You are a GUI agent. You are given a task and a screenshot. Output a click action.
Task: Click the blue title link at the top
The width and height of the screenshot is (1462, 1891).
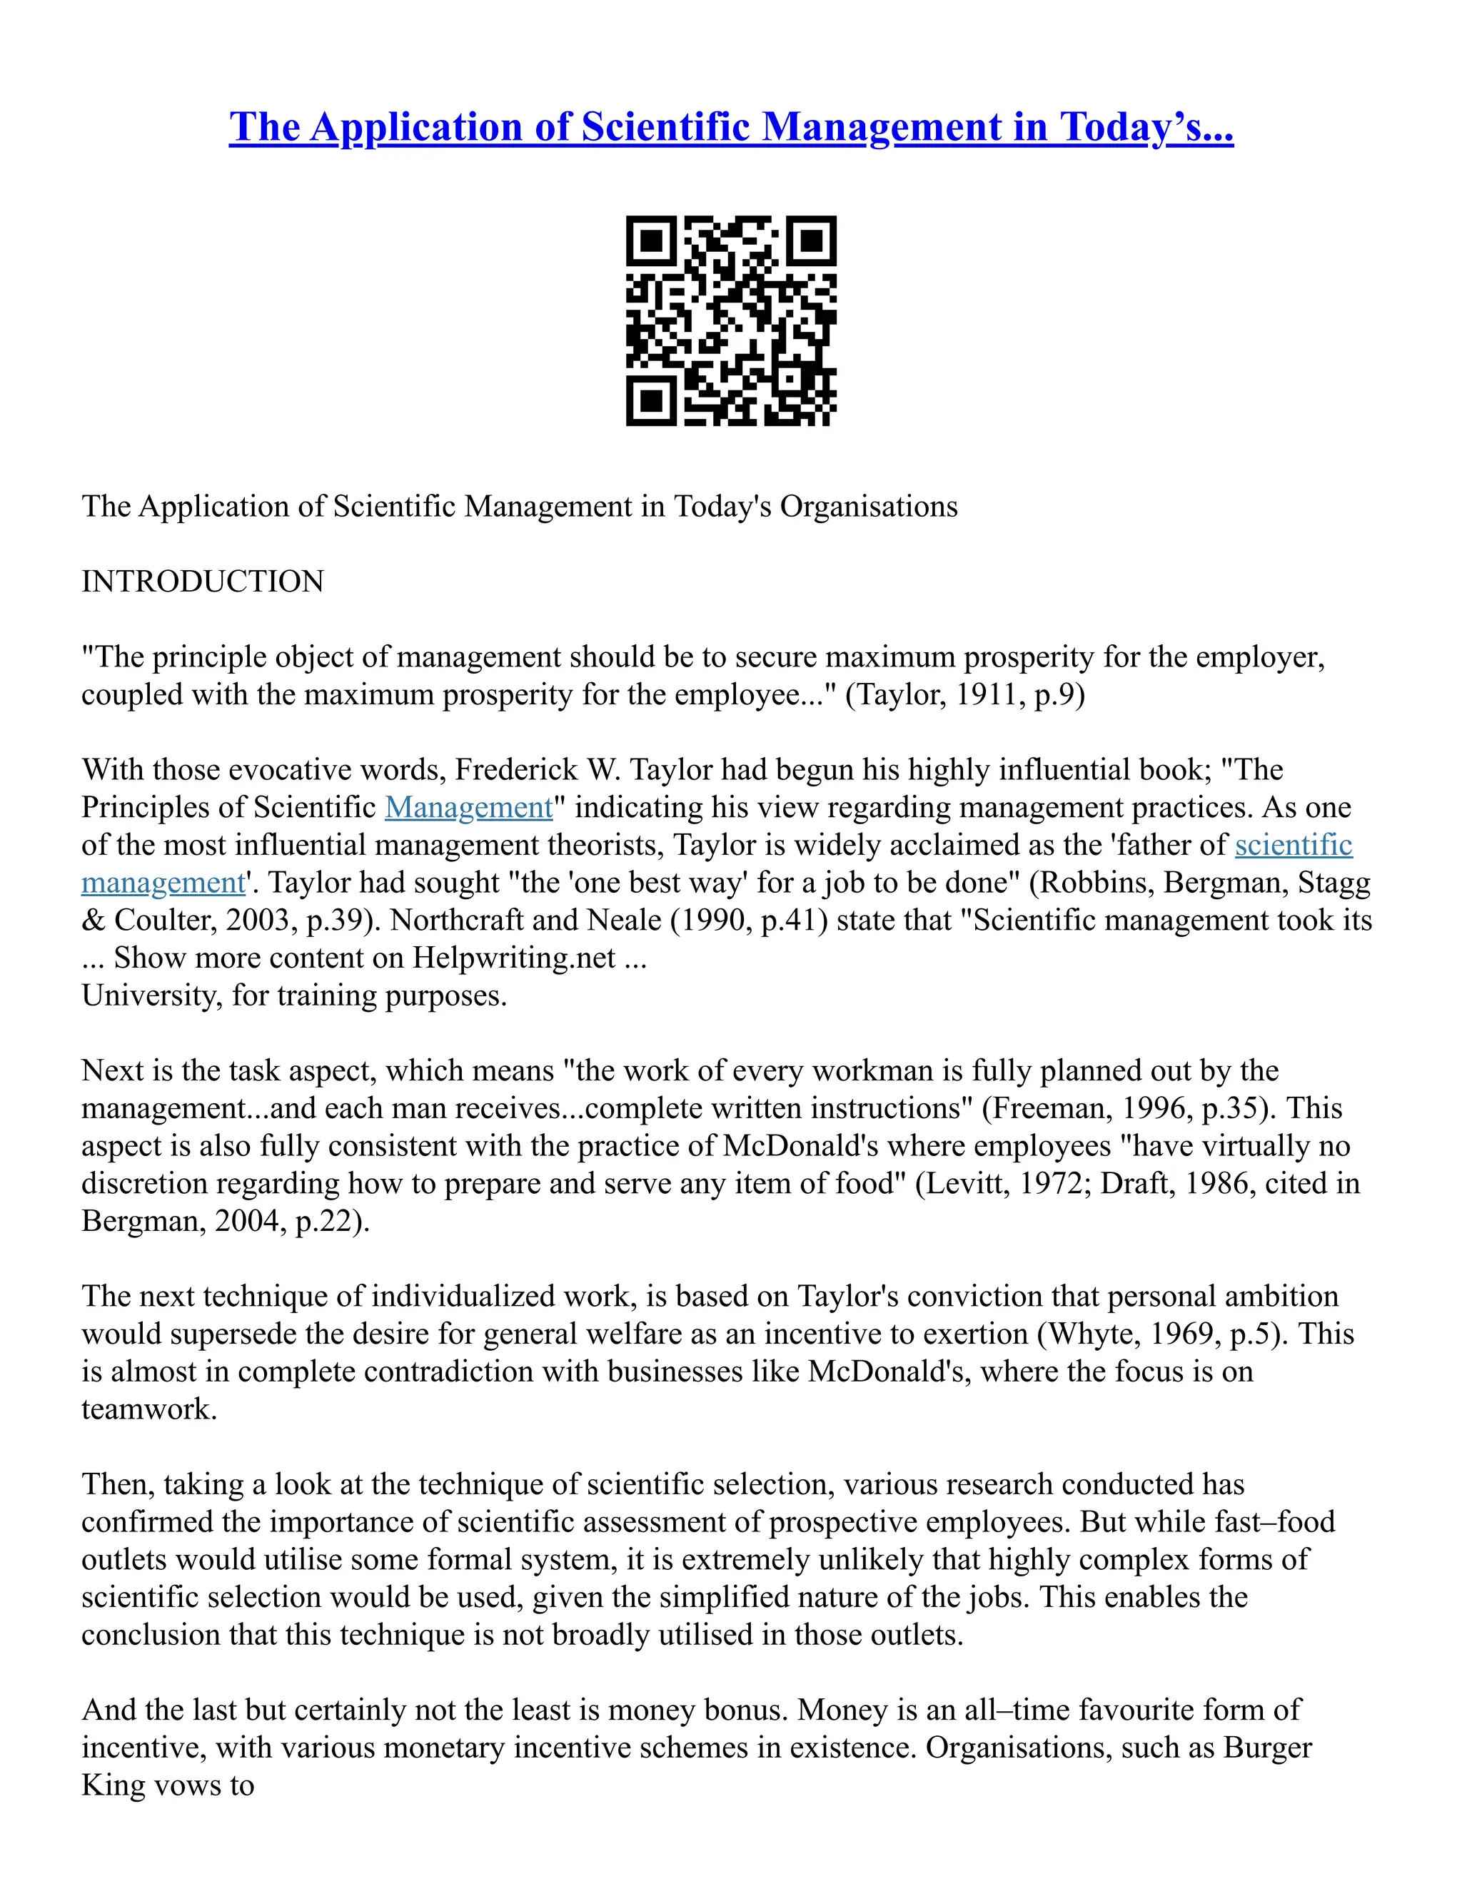[x=730, y=127]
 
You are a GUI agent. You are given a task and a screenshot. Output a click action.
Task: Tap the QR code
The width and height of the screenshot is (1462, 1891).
[x=730, y=320]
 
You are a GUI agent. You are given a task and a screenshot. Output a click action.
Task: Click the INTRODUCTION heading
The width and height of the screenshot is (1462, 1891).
[x=202, y=581]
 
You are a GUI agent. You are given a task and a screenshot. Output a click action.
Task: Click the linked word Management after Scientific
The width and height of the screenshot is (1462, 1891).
[x=468, y=807]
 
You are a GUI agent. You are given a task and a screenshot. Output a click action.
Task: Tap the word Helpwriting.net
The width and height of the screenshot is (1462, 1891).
[x=513, y=958]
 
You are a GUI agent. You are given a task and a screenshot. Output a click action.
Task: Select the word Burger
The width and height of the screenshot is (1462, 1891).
[x=1267, y=1748]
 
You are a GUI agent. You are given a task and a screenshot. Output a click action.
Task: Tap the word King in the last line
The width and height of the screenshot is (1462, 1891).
[x=113, y=1785]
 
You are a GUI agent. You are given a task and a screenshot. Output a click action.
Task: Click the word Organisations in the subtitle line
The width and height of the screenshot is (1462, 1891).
[x=869, y=506]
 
